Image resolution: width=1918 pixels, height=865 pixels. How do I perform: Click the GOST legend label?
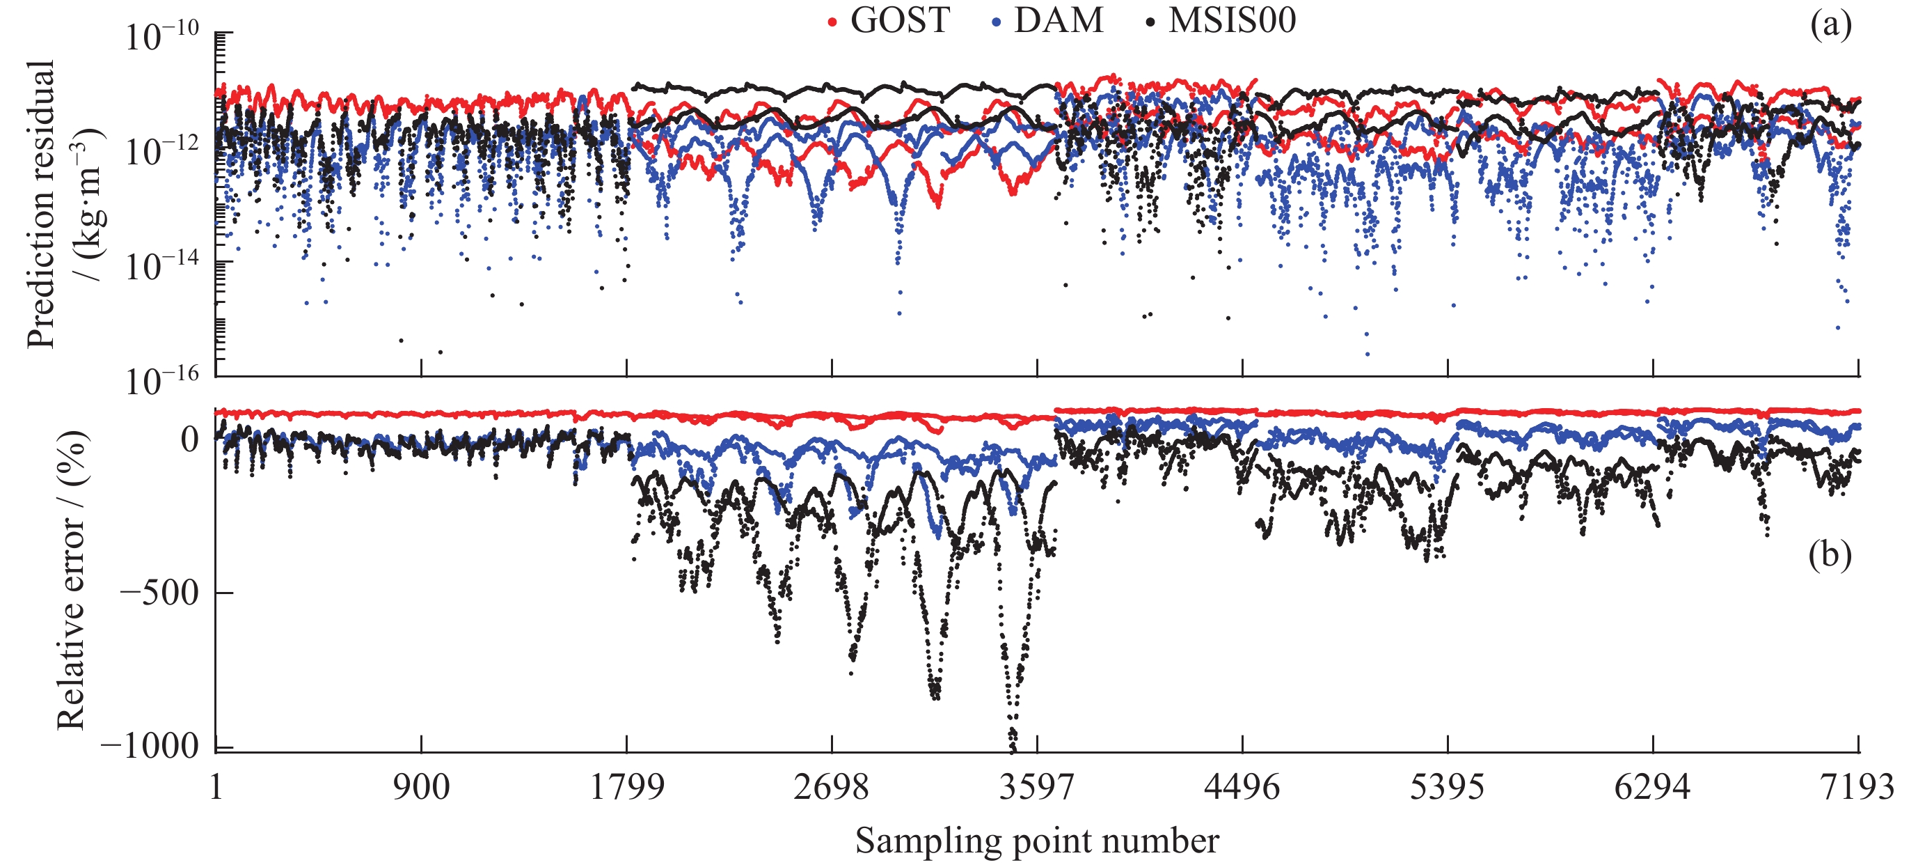pos(899,20)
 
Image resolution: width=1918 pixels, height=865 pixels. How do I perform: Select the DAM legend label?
pos(1058,20)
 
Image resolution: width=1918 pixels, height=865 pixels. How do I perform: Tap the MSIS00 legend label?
pos(1233,20)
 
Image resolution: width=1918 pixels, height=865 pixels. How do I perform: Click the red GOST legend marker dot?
pos(832,23)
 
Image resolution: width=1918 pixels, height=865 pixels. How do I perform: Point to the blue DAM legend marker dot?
pos(996,23)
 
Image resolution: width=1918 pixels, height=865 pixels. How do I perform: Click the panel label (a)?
pos(1830,25)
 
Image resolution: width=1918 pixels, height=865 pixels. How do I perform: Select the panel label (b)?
pos(1830,555)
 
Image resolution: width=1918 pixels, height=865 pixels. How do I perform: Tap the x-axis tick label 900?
pos(422,788)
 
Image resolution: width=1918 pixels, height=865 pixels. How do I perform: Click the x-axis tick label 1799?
pos(627,788)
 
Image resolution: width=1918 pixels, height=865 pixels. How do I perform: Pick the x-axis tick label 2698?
pos(832,788)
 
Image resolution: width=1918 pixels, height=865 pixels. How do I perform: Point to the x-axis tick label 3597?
pos(1037,788)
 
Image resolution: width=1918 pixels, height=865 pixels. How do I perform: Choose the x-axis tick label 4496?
pos(1242,788)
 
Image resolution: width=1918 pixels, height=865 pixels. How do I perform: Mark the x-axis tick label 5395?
pos(1448,788)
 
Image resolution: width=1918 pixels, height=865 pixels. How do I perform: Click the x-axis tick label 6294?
pos(1653,788)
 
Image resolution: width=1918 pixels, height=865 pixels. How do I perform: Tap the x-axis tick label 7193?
pos(1857,788)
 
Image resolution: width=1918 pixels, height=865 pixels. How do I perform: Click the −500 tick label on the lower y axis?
pos(159,594)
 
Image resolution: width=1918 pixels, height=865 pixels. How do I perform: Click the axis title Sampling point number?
pos(1036,841)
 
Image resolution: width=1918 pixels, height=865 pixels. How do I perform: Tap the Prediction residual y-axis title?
pos(56,203)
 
